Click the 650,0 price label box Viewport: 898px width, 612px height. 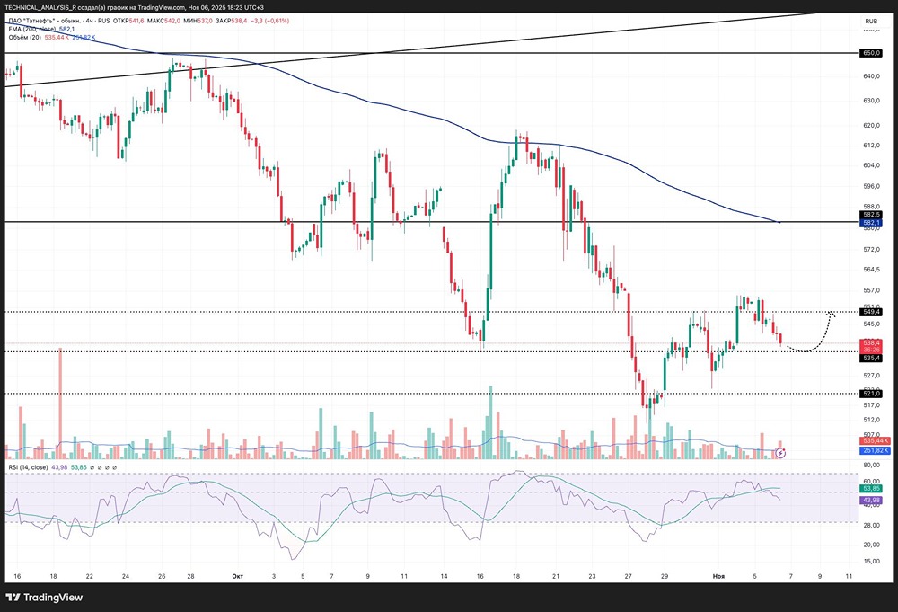[870, 53]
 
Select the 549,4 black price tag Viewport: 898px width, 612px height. [870, 312]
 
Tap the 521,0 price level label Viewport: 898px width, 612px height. [870, 394]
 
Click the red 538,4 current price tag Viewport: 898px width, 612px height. [870, 342]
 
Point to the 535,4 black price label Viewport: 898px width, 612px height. [870, 358]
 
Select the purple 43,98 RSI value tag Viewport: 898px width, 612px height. [870, 500]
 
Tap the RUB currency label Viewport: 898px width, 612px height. [870, 21]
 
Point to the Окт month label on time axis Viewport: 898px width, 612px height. [238, 575]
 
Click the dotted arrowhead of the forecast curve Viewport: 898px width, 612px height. [832, 314]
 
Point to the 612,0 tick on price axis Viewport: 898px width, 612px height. [870, 146]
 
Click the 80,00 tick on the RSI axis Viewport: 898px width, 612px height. [870, 466]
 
